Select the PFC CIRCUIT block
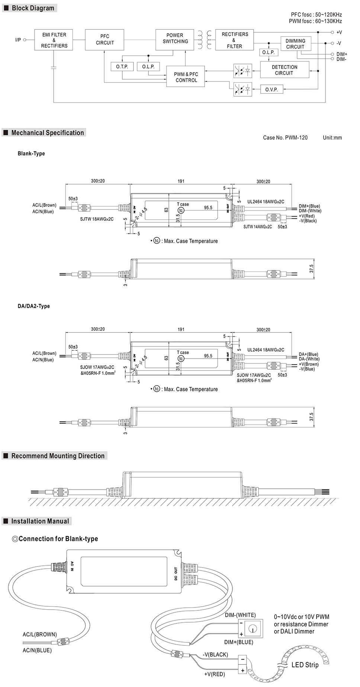click(105, 40)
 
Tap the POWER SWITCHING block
click(175, 38)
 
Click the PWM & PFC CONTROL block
click(185, 77)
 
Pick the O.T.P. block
click(122, 67)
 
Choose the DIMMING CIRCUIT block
click(295, 44)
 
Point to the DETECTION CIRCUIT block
click(285, 70)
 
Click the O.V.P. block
click(271, 90)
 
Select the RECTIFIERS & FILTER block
click(234, 40)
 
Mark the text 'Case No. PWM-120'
click(285, 138)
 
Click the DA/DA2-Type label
click(33, 306)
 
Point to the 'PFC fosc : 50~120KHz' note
click(316, 15)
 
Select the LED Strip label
click(305, 665)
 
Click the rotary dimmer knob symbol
click(253, 629)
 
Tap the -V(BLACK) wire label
click(215, 654)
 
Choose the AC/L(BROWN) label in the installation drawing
click(40, 634)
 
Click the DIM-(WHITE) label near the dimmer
click(240, 615)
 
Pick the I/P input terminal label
click(18, 40)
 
